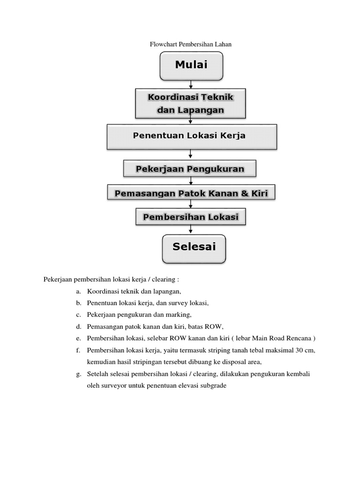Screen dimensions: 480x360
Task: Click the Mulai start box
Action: coord(191,66)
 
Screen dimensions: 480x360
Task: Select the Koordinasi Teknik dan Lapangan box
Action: coord(190,104)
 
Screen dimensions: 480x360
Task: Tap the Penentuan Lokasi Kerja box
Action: coord(192,136)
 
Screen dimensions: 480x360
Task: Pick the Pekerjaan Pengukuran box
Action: coord(190,169)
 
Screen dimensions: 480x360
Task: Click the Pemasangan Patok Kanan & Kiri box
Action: coord(191,193)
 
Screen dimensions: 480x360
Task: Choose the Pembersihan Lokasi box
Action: coord(191,217)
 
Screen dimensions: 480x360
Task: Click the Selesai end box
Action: coord(194,247)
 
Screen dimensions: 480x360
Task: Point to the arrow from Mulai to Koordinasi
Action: coord(191,84)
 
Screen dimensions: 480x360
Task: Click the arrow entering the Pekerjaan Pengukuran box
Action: coord(190,155)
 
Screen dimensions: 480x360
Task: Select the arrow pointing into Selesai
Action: coord(190,230)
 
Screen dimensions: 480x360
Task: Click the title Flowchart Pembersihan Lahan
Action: coord(191,45)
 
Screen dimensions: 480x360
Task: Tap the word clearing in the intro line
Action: coord(163,279)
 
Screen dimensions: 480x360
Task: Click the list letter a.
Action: coord(77,292)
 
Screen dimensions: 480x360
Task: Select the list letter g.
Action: coord(77,374)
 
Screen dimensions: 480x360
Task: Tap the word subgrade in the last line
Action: coord(213,386)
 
